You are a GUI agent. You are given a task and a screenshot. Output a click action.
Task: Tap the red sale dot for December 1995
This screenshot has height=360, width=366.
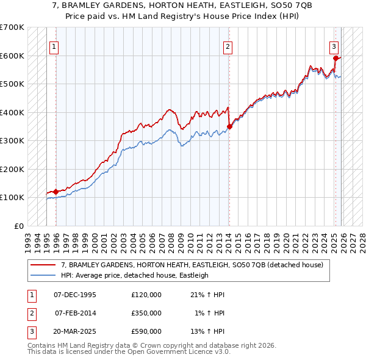point(56,192)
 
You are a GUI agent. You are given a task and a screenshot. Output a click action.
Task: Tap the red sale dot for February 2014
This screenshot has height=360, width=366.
point(230,126)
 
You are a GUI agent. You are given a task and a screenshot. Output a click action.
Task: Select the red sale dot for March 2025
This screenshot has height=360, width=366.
point(335,59)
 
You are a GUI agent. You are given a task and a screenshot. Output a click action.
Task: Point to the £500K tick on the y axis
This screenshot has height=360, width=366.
point(12,84)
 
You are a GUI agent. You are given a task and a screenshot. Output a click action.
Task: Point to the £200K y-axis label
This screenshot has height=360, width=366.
point(12,169)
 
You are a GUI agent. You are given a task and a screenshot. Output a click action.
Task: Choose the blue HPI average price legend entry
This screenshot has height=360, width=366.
point(134,275)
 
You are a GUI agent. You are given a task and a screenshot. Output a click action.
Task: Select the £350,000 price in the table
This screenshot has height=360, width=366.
point(146,313)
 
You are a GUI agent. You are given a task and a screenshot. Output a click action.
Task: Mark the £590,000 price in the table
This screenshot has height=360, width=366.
point(146,331)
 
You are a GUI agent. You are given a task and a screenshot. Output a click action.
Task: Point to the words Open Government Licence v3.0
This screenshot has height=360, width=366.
point(178,352)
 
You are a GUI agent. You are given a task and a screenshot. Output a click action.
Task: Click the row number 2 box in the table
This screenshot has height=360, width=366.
point(30,313)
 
